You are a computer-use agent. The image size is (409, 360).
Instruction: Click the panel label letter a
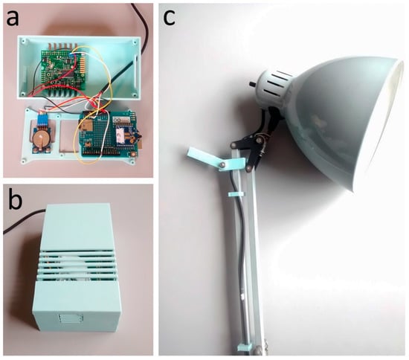pyautogui.click(x=13, y=19)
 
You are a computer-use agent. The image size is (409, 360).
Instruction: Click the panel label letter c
pyautogui.click(x=169, y=19)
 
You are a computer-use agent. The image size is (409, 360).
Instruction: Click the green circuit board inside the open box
pyautogui.click(x=63, y=69)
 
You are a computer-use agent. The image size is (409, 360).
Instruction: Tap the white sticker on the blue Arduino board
pyautogui.click(x=120, y=135)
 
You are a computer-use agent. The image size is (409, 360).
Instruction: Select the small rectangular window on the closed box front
pyautogui.click(x=71, y=318)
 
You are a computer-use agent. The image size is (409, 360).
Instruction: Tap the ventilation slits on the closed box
pyautogui.click(x=77, y=266)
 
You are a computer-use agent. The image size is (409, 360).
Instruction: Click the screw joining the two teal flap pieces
pyautogui.click(x=222, y=164)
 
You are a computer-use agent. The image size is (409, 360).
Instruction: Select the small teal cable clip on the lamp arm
pyautogui.click(x=236, y=194)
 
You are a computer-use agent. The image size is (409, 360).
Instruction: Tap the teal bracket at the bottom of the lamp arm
pyautogui.click(x=245, y=347)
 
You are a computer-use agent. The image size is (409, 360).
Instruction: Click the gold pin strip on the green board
pyautogui.click(x=83, y=65)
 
